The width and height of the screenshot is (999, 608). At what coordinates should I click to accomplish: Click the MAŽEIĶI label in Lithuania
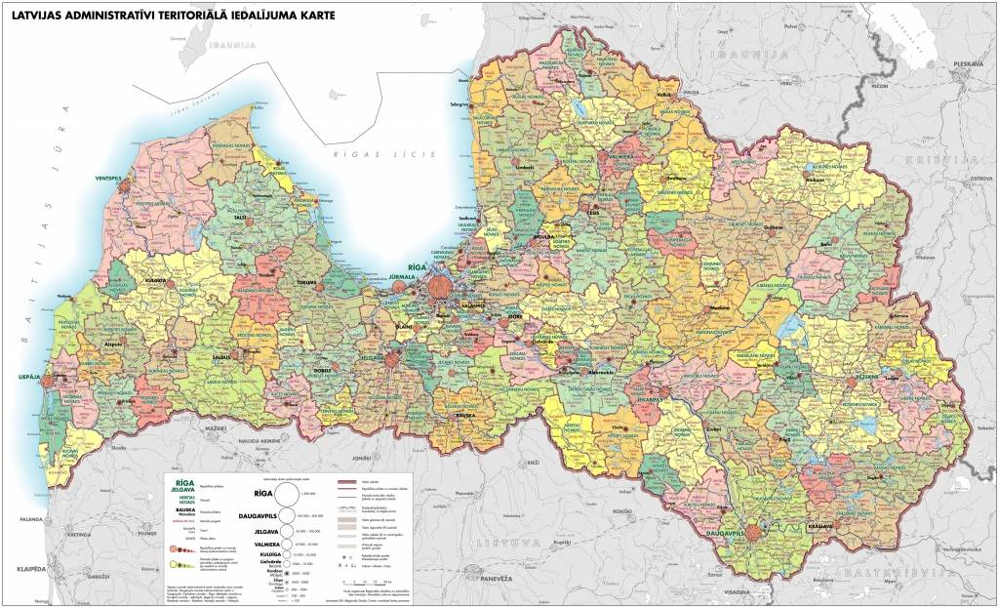[214, 427]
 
